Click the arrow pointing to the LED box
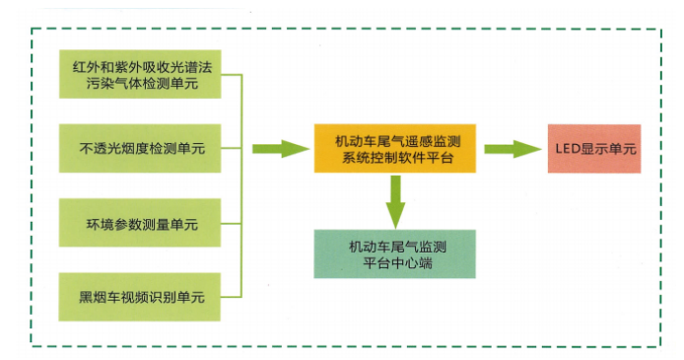512,149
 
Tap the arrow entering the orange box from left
280,149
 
